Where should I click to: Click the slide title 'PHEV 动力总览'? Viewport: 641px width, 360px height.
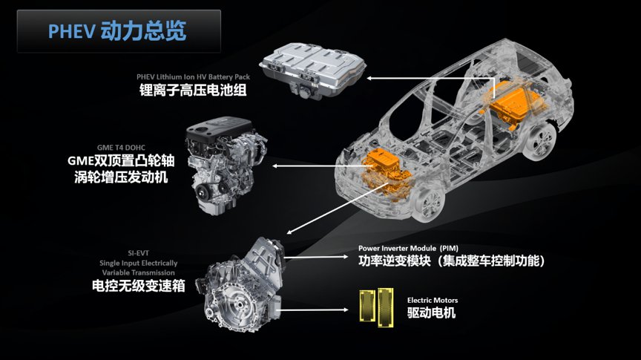[117, 31]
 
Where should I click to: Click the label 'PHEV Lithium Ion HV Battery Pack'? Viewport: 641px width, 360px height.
[193, 77]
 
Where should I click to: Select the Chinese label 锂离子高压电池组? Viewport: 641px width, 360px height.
[193, 90]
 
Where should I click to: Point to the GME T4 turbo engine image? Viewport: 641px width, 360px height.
[226, 166]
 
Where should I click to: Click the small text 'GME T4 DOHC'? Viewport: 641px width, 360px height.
[121, 148]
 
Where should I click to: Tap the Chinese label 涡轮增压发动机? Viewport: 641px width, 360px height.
[121, 177]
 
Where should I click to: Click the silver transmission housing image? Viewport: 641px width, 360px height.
[241, 283]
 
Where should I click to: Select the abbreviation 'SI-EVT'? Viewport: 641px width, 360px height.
[138, 253]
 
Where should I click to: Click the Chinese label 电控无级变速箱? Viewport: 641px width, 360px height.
[138, 286]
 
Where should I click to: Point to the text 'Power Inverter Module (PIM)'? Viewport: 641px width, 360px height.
[408, 249]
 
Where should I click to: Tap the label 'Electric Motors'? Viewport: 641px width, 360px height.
[432, 301]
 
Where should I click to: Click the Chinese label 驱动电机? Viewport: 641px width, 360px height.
[431, 313]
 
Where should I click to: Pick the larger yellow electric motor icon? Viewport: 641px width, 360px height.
[386, 307]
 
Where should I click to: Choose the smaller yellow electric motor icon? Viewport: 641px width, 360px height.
[367, 305]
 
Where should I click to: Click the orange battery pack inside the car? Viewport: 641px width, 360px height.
[514, 105]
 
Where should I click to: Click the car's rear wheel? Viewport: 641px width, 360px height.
[540, 142]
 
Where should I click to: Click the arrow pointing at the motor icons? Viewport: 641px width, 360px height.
[314, 310]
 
